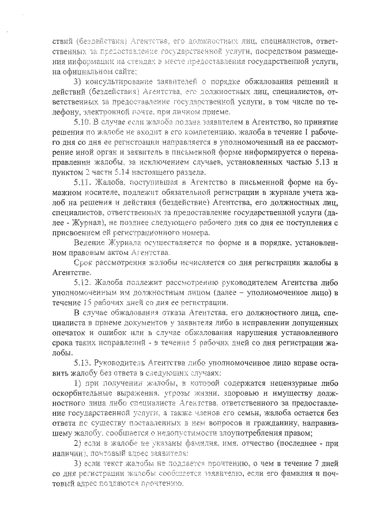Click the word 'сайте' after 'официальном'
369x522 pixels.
coord(120,72)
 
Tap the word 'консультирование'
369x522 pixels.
coord(122,82)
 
